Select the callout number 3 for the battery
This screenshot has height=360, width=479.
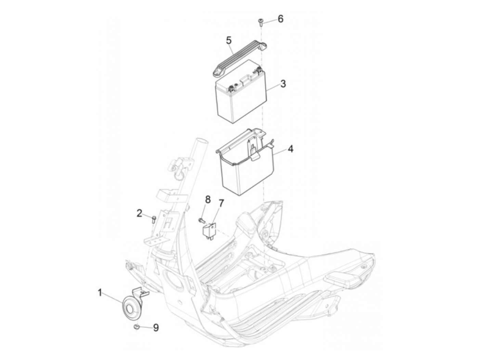pyautogui.click(x=283, y=83)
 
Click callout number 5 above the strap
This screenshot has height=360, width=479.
pyautogui.click(x=229, y=40)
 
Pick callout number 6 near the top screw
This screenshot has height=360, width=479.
pyautogui.click(x=281, y=19)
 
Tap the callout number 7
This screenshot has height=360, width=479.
pyautogui.click(x=221, y=204)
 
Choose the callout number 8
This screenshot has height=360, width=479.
pyautogui.click(x=208, y=200)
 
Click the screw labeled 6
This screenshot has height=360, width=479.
pyautogui.click(x=261, y=23)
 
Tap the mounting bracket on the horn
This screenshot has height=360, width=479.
pyautogui.click(x=141, y=292)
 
